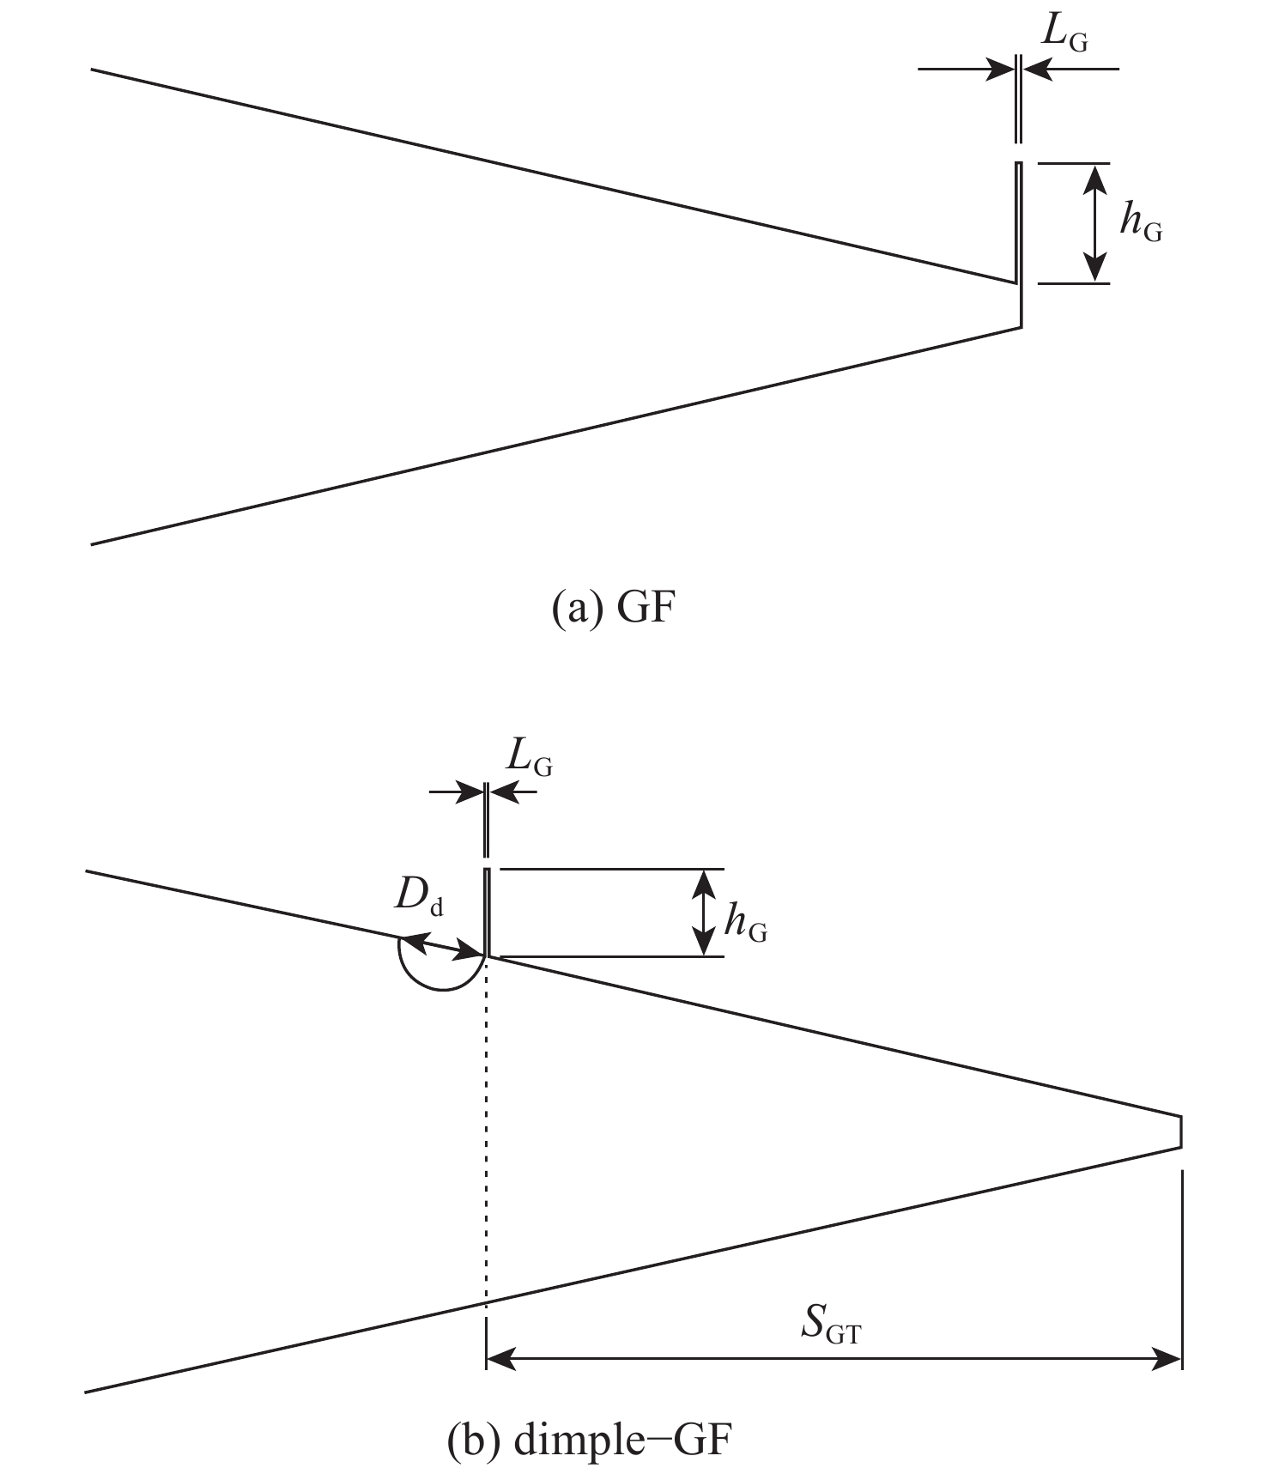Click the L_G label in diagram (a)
pyautogui.click(x=1064, y=35)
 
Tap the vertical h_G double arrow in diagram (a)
pyautogui.click(x=1094, y=223)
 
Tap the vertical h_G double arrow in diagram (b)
pyautogui.click(x=704, y=913)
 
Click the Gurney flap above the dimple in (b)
pyautogui.click(x=487, y=913)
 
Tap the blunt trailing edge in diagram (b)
pyautogui.click(x=1181, y=1131)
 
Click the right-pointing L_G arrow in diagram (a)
pyautogui.click(x=967, y=69)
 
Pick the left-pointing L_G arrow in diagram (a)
pyautogui.click(x=1071, y=69)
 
